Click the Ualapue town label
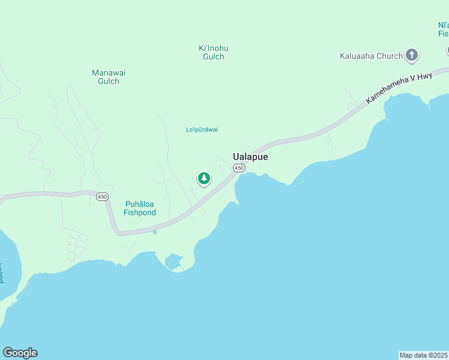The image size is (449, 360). [250, 157]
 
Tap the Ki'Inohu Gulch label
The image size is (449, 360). [213, 52]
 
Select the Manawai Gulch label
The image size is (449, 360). [109, 77]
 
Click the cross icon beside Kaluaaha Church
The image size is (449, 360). [411, 56]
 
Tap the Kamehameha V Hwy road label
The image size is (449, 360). [399, 86]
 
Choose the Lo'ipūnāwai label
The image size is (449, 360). [202, 130]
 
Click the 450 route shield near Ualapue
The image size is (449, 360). [239, 168]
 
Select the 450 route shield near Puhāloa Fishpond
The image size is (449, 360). [102, 197]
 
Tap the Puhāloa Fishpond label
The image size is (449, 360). [140, 208]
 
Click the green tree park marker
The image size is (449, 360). [204, 178]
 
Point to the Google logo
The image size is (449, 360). [20, 353]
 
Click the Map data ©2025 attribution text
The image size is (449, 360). [423, 355]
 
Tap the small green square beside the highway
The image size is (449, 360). [154, 232]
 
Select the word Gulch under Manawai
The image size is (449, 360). [109, 81]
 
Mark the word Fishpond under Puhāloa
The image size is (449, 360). [140, 212]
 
